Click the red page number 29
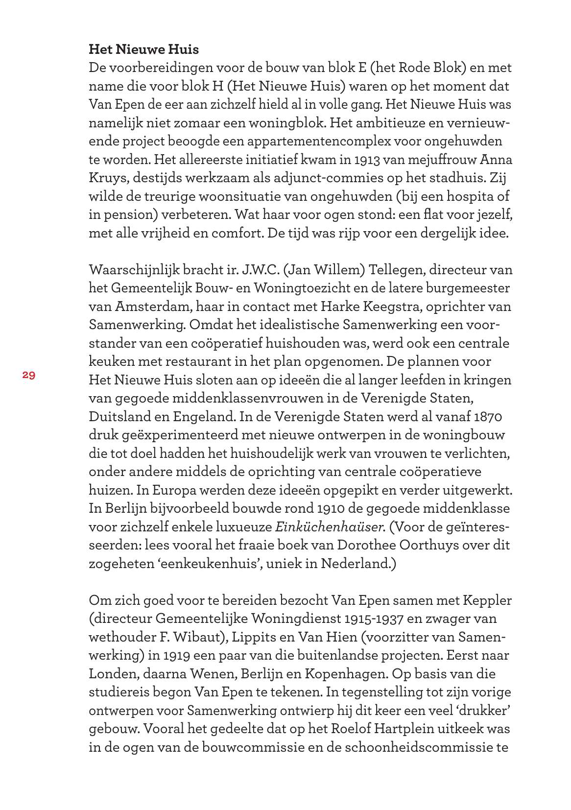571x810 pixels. (28, 375)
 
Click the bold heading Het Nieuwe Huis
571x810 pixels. (143, 49)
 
